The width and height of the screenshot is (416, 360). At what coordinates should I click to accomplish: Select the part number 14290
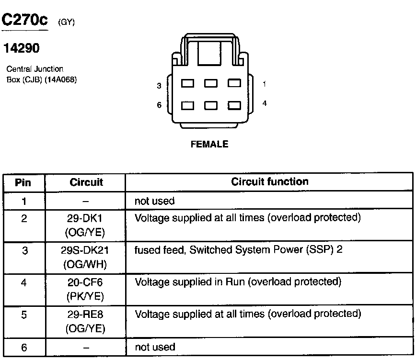(21, 48)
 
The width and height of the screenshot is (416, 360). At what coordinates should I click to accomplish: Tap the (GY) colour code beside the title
(66, 22)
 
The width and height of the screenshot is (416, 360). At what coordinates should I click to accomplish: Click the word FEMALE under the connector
(209, 144)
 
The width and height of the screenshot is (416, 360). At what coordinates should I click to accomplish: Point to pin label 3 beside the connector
(159, 86)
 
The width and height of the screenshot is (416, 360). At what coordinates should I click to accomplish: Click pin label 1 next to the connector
(265, 84)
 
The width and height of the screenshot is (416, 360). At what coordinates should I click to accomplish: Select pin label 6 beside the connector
(159, 105)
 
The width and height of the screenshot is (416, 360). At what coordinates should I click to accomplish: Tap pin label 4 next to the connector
(265, 103)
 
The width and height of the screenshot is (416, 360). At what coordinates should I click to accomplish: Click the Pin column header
(23, 182)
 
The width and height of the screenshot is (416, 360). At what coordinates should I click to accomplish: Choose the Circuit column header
(86, 182)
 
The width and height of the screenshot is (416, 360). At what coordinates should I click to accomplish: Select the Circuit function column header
(270, 182)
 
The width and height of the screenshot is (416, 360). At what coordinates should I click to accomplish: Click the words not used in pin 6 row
(155, 347)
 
